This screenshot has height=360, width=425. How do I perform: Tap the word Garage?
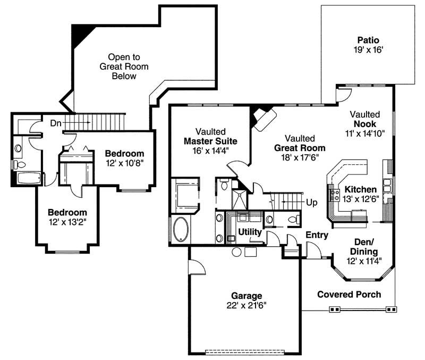coord(246,296)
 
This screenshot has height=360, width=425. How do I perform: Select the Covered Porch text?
coord(349,294)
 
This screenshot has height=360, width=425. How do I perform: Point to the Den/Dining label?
coord(364,247)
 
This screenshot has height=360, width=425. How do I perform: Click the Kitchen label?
coord(360,189)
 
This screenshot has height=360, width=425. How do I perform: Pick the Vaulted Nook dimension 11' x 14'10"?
coord(365,133)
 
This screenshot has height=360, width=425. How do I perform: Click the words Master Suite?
coord(210,141)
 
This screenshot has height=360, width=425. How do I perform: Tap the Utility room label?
coord(249,232)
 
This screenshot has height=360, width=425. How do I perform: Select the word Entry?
coord(317,235)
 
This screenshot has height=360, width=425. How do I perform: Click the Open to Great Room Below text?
coord(124,66)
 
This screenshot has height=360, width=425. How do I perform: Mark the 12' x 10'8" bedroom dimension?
coord(124,162)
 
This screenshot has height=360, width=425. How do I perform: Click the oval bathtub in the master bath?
coord(180,229)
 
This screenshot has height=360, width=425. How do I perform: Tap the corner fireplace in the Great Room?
coord(263,118)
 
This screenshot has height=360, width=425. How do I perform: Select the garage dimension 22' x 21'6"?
coord(246,305)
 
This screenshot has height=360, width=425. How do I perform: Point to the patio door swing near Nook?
coord(343,94)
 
